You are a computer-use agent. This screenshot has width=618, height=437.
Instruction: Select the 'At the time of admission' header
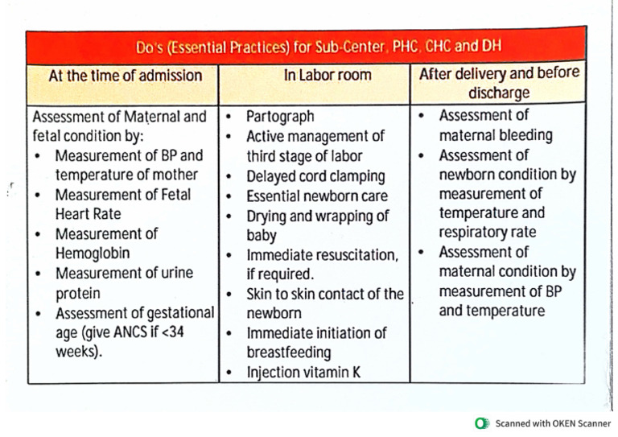tap(125, 76)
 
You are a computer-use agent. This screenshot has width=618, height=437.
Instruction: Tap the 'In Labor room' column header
tap(315, 76)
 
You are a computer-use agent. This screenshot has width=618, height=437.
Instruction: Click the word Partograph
tap(279, 117)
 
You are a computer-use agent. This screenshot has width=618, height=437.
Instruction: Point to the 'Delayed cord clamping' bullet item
tap(315, 175)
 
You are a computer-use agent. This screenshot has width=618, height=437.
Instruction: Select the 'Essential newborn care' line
tap(316, 196)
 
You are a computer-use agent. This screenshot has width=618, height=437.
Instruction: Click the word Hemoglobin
tap(95, 253)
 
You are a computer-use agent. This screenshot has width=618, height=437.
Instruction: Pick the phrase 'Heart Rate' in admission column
tap(89, 213)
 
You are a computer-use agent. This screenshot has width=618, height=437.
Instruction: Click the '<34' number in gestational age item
tap(187, 332)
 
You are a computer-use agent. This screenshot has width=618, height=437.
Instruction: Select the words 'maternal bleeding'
tap(495, 135)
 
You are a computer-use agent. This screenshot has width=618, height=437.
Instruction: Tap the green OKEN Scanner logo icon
tap(481, 423)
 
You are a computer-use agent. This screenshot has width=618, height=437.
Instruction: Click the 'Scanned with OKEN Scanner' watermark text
tap(552, 423)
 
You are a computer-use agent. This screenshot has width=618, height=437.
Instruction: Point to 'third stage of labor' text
tap(303, 156)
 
